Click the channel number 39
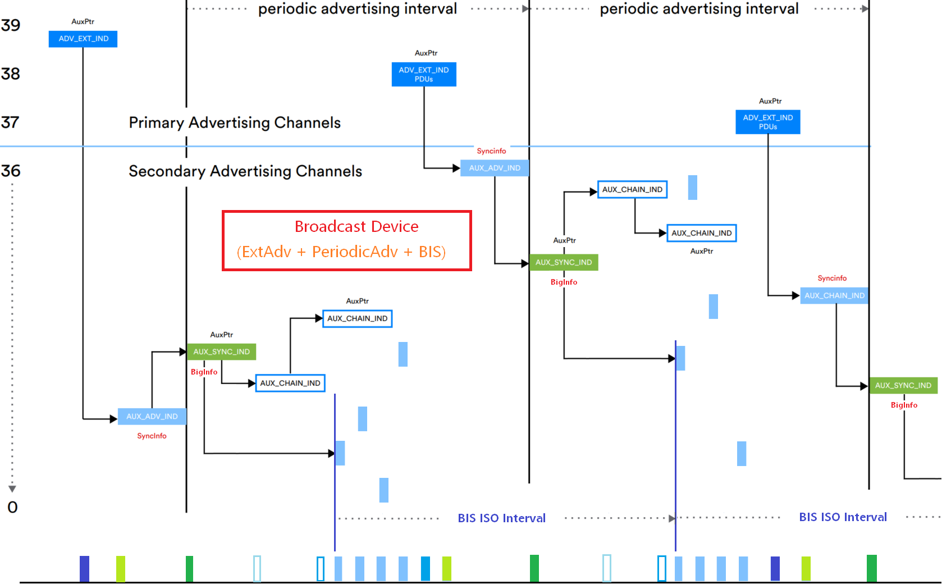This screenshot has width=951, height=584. coord(11,25)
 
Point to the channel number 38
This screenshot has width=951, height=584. coord(11,74)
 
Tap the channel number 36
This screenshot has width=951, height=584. coord(11,171)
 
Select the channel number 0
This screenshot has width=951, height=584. coord(12,507)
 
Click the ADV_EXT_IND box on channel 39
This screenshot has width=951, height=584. coord(83,39)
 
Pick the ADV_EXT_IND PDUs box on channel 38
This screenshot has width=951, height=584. coord(424,74)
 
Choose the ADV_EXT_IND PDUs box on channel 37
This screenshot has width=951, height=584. coord(768,122)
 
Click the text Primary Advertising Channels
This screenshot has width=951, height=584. coord(235,122)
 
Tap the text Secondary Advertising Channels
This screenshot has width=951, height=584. coord(245,171)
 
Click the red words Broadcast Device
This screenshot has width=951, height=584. coord(356,226)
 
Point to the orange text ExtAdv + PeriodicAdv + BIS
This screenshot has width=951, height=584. coord(341,252)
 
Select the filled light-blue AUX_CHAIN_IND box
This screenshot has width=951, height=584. coord(834,295)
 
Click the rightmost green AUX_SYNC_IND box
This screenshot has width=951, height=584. coord(903,385)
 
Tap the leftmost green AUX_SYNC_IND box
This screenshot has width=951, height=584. coord(221,352)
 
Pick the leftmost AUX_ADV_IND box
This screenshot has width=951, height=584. coord(152,416)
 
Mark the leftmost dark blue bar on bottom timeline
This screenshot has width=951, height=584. coord(84,568)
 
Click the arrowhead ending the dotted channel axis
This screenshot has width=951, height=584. coord(12,489)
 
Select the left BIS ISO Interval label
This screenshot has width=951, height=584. coord(501,518)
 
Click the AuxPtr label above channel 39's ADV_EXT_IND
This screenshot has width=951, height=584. coord(83,21)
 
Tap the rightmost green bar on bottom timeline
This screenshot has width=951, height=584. coord(871,568)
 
